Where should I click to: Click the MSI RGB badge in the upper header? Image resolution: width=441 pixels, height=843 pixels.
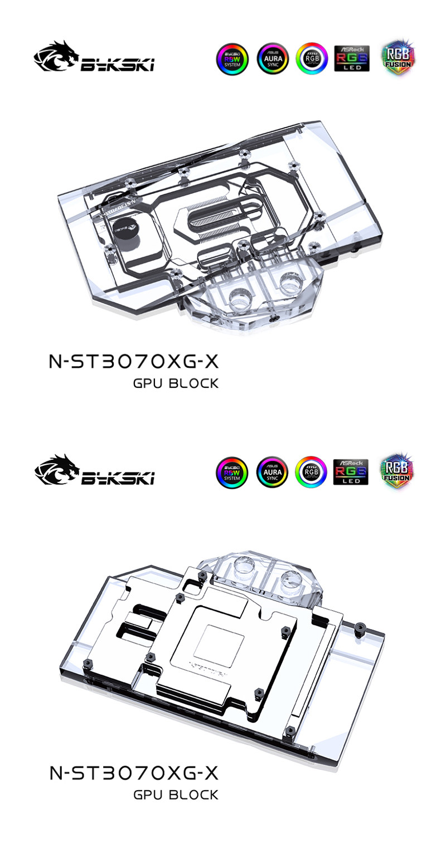coord(312,59)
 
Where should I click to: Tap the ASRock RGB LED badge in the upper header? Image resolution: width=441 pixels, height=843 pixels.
coord(352,59)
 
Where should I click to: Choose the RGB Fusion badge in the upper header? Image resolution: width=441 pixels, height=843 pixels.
coord(399,57)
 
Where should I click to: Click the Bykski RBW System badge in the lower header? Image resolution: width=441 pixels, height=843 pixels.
coord(231,472)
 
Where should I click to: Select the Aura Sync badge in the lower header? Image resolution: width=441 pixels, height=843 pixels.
coord(272,472)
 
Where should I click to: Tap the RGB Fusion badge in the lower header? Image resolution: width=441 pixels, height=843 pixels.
coord(398,471)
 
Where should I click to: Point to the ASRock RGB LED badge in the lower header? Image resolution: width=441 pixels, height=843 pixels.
coord(351,471)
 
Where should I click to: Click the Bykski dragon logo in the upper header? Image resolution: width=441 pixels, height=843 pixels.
coord(94,57)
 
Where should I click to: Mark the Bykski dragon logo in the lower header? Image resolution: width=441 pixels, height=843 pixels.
coord(94,471)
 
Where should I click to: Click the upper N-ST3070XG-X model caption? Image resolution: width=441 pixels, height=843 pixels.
coord(134,362)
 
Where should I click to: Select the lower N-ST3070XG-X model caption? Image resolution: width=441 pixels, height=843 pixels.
coord(134,773)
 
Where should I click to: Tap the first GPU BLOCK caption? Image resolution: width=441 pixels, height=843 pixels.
coord(176,384)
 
